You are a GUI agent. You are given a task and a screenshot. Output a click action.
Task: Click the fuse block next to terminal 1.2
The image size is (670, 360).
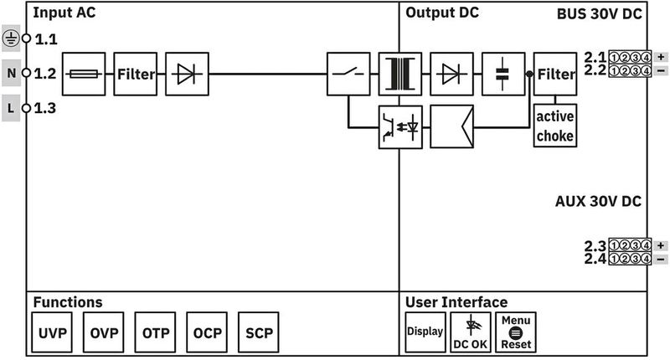coord(84,74)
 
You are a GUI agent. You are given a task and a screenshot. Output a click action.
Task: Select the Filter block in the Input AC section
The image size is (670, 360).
coord(136,74)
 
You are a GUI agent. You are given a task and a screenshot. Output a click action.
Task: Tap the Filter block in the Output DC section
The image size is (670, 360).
coord(555,74)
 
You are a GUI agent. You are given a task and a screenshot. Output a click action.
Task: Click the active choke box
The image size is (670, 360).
coord(555,126)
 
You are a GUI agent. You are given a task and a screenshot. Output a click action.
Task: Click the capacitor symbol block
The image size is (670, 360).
coord(502,74)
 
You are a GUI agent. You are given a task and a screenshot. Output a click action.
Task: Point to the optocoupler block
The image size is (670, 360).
coord(399,126)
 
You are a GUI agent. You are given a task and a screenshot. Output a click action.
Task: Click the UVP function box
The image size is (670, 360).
coord(53,332)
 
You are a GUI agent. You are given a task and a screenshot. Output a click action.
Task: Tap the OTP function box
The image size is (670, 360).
coord(156,332)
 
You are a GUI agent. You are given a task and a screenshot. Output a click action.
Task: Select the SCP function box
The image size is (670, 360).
coord(259,332)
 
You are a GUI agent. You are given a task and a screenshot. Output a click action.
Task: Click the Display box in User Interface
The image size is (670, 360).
coord(425,332)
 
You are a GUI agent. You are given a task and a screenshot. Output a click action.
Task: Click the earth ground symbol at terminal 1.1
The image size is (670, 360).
coord(10,39)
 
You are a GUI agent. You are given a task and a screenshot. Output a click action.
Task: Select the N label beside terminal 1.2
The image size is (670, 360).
coord(10,74)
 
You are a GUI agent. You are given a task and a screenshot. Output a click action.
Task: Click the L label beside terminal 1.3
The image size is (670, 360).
coord(10,108)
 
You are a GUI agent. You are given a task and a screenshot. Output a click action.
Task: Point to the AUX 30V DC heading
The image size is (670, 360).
coord(598,202)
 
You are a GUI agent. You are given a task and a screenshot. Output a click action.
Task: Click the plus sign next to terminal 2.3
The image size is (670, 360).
coord(662,245)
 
